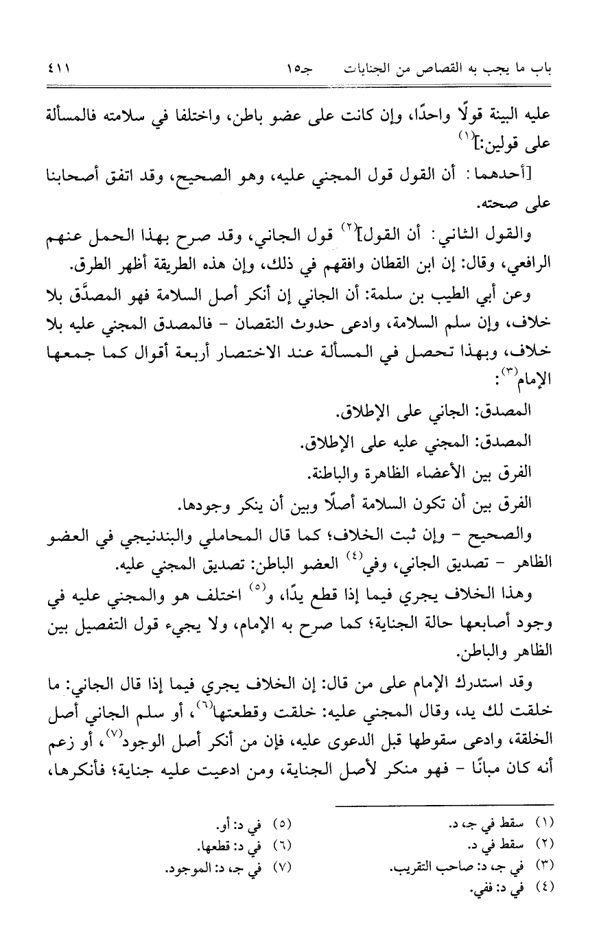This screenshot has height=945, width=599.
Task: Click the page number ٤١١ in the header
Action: click(x=60, y=69)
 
